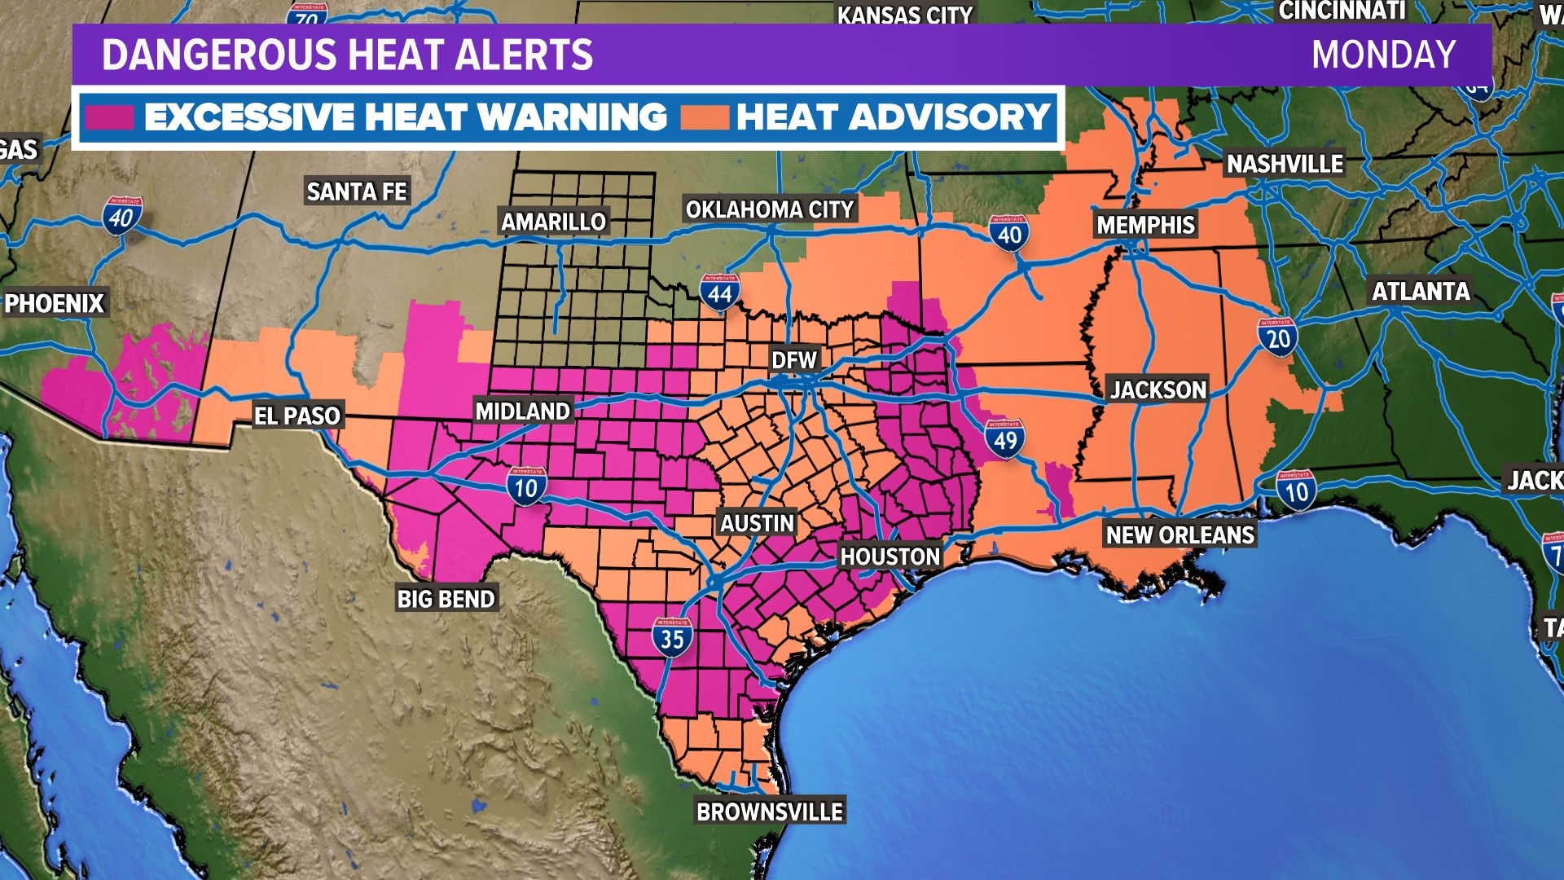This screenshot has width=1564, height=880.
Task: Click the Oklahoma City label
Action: coord(769,209)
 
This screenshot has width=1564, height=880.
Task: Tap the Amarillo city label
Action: coord(553,222)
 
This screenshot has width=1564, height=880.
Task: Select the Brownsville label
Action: coord(769,812)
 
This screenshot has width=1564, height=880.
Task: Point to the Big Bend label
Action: coord(446,599)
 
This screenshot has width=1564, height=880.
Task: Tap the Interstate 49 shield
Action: coord(1004,439)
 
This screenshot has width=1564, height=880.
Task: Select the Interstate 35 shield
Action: coord(672,638)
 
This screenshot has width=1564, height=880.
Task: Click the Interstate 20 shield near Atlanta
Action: coord(1277,337)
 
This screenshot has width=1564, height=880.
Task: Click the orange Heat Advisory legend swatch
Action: coord(704,117)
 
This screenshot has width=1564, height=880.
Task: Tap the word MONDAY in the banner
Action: coord(1383,55)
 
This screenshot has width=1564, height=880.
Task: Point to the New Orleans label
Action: coord(1180,535)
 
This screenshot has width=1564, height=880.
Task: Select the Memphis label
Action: coord(1145,225)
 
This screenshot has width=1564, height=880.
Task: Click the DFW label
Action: coord(793,360)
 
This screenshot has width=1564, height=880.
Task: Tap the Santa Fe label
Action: coord(357,191)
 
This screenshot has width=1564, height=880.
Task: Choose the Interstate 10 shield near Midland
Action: coord(526,486)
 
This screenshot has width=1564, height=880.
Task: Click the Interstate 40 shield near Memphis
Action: coord(1009,234)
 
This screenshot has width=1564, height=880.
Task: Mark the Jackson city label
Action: coord(1158,389)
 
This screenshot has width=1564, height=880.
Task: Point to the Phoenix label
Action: coord(55,303)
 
